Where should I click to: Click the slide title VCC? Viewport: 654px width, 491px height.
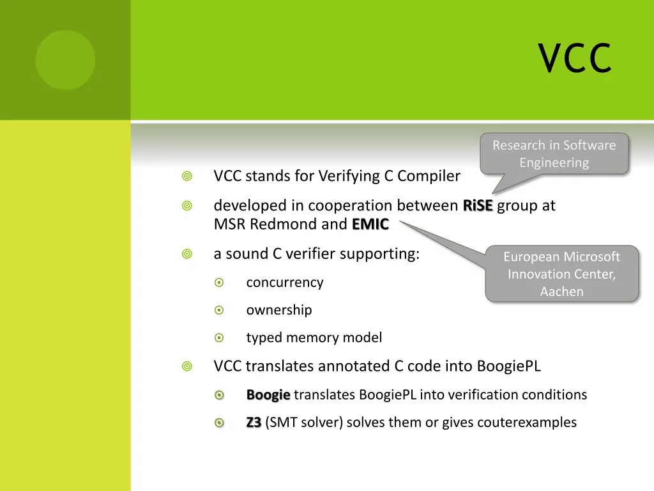[574, 58]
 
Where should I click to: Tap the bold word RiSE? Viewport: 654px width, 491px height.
[478, 206]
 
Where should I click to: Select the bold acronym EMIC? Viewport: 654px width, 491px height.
[370, 224]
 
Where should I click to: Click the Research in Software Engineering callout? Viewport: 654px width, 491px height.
[554, 154]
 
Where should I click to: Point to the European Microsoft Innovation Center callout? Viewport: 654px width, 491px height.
[561, 274]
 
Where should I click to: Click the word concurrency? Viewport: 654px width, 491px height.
[285, 283]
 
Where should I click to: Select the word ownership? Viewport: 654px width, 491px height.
[279, 310]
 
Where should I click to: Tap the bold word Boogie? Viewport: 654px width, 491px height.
[268, 395]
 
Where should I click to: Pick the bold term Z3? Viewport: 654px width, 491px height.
[254, 423]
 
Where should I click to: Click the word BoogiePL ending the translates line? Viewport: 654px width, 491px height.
[508, 366]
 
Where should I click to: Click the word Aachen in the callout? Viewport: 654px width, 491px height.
[561, 292]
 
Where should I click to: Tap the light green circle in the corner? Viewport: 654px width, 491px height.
[65, 60]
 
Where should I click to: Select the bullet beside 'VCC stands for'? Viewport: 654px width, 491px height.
[186, 176]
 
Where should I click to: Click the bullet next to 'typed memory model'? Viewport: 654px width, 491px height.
[219, 338]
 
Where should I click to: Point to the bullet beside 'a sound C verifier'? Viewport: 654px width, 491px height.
[186, 254]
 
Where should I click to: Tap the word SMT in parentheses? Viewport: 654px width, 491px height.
[282, 423]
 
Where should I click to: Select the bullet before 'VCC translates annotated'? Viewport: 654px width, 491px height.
[186, 366]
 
